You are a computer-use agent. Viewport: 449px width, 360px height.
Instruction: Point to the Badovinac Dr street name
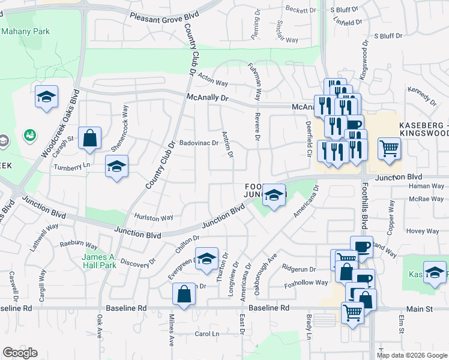[199, 143]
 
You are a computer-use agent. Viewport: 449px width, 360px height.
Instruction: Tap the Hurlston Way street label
[154, 217]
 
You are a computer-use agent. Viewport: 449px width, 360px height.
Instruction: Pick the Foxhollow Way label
[306, 283]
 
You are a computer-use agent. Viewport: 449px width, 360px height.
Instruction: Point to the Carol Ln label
[206, 334]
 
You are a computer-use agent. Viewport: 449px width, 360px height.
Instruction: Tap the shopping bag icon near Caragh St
[89, 138]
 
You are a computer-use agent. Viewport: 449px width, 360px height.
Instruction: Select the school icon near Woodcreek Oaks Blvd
[46, 97]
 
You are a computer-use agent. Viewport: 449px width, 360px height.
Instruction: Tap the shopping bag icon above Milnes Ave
[184, 294]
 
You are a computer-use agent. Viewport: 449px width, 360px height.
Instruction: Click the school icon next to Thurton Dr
[206, 259]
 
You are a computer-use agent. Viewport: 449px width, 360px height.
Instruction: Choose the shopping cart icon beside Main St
[352, 312]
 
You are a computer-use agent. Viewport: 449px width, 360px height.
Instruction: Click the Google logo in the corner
[20, 353]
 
